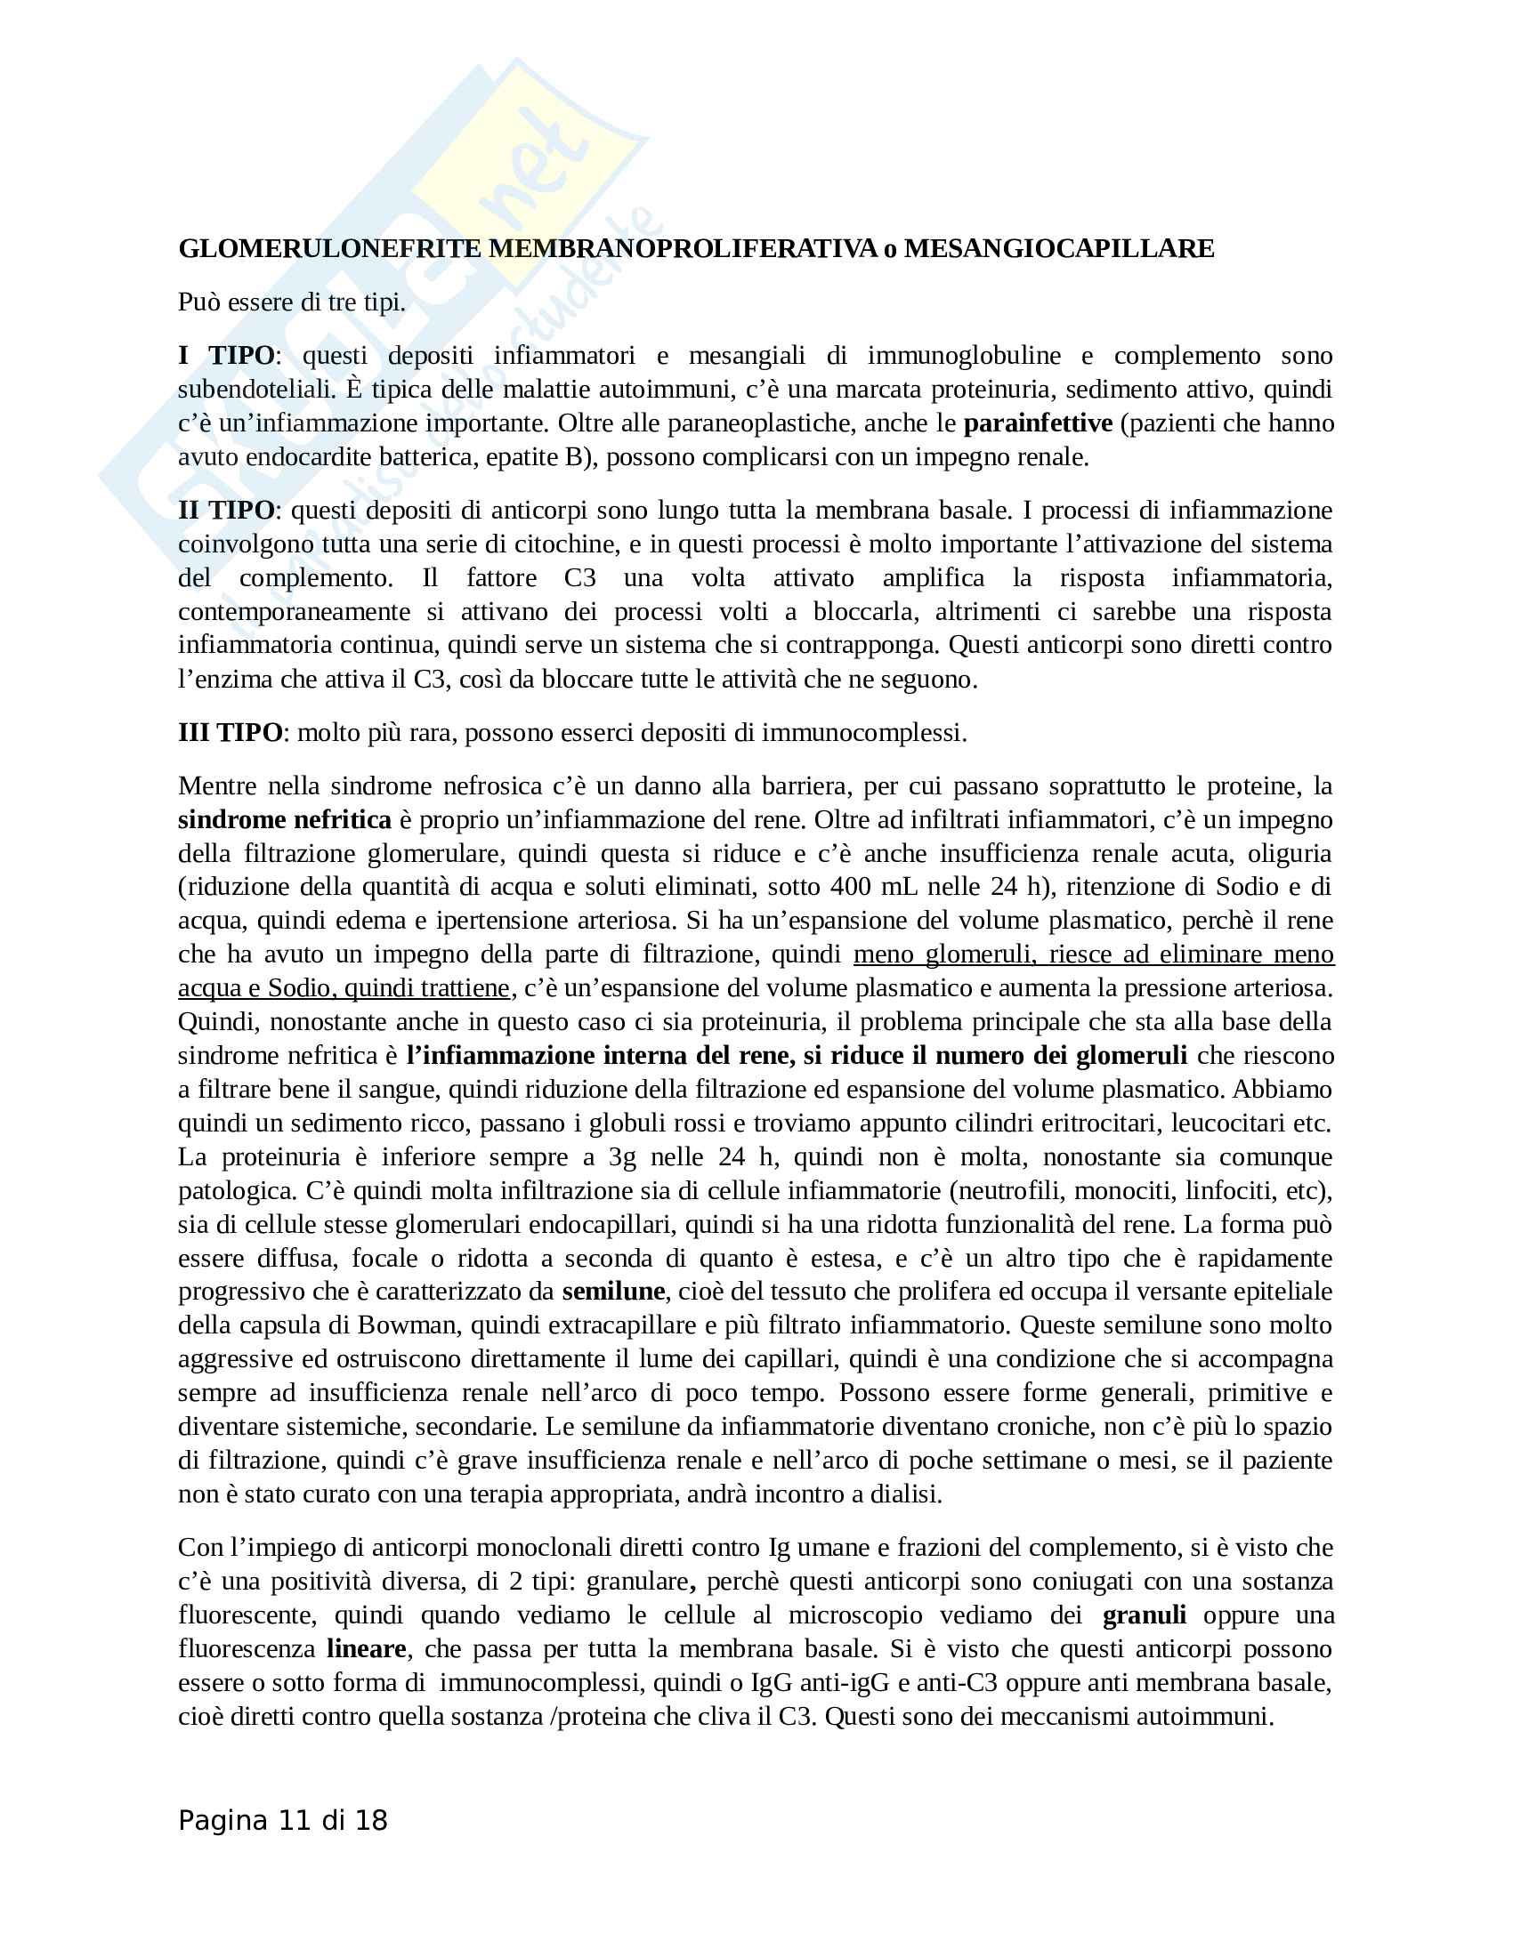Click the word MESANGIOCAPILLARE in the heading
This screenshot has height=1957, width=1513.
point(1058,249)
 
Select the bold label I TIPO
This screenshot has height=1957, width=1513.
point(226,356)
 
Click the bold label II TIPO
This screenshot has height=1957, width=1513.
point(226,511)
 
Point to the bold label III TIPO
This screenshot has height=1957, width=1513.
point(231,733)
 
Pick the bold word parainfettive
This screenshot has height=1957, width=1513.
point(1038,423)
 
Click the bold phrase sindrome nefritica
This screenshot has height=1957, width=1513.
point(284,820)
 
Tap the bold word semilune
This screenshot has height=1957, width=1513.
point(613,1292)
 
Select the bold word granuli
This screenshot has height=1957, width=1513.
point(1144,1615)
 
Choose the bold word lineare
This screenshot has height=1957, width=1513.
point(366,1648)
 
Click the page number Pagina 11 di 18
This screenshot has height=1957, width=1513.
point(282,1821)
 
